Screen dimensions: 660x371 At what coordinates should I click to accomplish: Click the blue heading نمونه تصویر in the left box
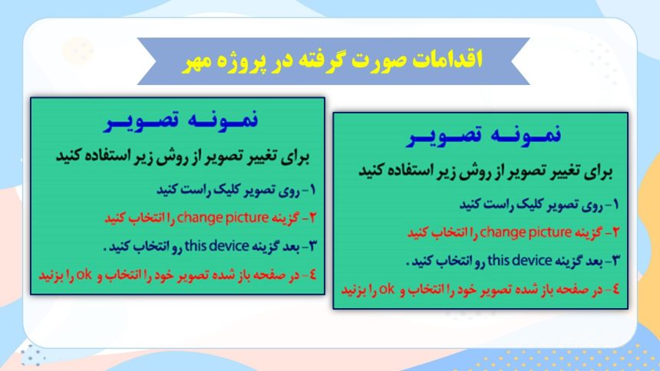click(181, 120)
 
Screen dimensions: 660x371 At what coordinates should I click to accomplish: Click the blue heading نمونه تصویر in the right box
click(484, 136)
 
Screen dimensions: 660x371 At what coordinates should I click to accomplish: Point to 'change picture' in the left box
click(223, 218)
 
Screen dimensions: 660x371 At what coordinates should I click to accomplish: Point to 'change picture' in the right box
click(526, 232)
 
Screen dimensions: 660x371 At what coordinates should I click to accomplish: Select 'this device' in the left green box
click(216, 245)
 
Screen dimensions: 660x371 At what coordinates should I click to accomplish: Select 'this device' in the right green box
click(520, 261)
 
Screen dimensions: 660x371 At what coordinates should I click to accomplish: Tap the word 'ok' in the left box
click(84, 274)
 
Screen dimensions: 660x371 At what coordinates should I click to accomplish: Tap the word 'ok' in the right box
click(387, 289)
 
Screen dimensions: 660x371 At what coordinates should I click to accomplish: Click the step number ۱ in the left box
click(312, 190)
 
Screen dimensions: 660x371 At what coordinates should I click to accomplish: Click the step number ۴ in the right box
click(615, 289)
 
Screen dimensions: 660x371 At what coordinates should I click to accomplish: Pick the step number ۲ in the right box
click(615, 232)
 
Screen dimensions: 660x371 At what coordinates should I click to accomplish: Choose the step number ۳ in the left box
click(312, 246)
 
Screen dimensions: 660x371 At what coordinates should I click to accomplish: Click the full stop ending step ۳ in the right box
click(408, 264)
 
